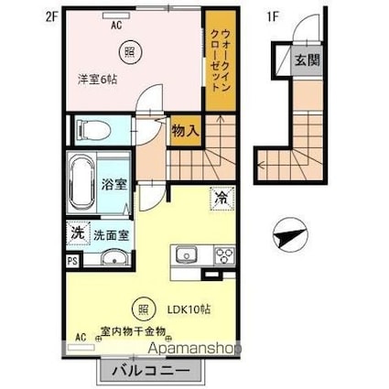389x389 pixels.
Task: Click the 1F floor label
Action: pyautogui.click(x=272, y=16)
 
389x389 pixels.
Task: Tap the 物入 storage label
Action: pyautogui.click(x=186, y=130)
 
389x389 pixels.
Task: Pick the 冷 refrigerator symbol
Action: pyautogui.click(x=222, y=196)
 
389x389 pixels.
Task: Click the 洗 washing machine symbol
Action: pyautogui.click(x=78, y=232)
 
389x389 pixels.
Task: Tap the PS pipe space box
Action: pyautogui.click(x=72, y=259)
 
